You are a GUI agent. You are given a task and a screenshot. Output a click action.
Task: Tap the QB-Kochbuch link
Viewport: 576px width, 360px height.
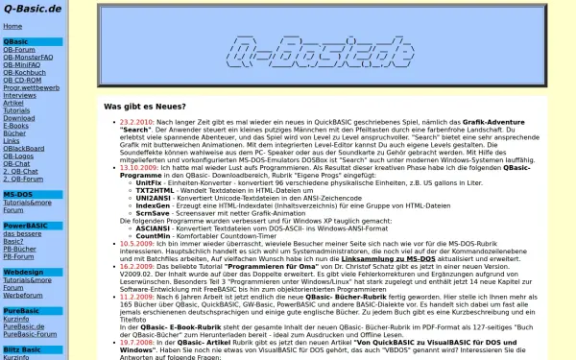pos(24,73)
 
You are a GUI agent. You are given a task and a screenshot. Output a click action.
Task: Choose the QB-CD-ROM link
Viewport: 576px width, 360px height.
pos(23,81)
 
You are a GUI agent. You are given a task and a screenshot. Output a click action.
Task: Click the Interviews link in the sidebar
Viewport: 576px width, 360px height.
pos(19,96)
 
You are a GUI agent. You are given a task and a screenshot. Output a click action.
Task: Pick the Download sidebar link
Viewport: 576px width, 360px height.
pos(18,118)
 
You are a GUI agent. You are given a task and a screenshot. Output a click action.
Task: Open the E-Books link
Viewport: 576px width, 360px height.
pos(16,126)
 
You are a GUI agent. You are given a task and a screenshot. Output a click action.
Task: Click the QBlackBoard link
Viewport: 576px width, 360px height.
pos(24,149)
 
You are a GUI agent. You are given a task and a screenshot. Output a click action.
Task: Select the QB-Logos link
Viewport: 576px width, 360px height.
pos(19,156)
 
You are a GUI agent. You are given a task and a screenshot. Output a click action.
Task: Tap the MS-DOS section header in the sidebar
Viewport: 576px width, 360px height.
pos(17,195)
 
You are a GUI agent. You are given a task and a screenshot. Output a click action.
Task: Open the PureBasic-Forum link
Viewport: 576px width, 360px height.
pos(31,334)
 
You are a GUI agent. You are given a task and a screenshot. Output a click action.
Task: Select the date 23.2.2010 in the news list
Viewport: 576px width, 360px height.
pos(136,124)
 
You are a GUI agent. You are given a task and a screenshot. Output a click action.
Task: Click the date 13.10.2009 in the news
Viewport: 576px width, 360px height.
pos(139,166)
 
